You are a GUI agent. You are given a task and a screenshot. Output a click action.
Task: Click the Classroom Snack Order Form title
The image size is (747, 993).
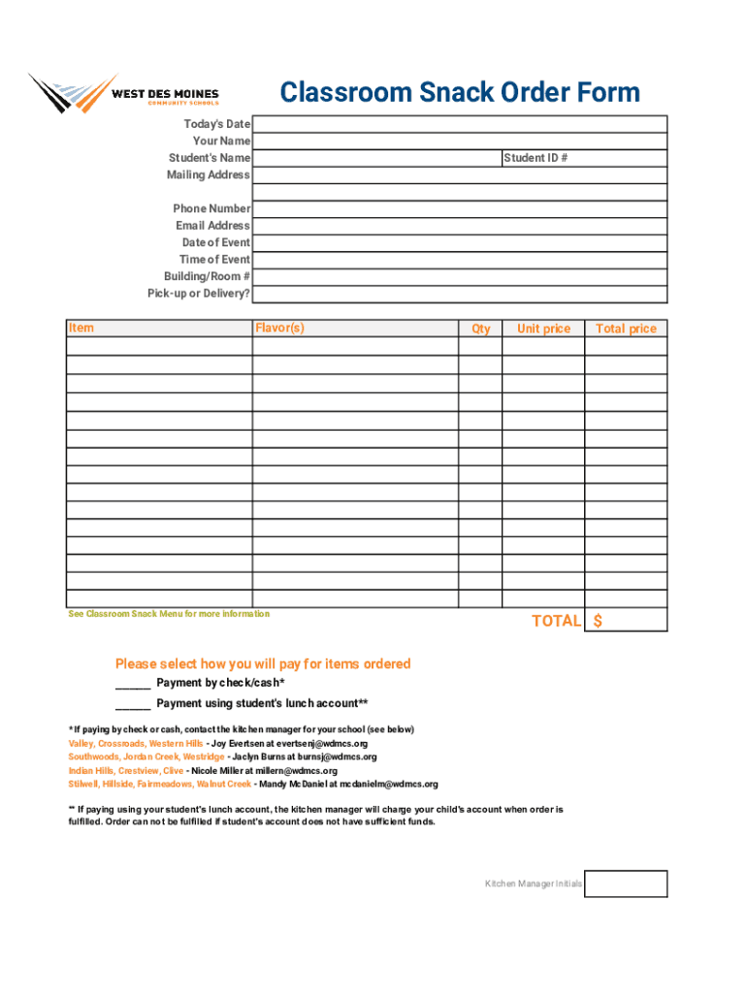(460, 93)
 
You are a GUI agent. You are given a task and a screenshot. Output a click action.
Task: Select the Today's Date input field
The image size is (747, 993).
(460, 124)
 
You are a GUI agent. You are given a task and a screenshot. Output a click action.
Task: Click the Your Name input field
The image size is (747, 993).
(460, 141)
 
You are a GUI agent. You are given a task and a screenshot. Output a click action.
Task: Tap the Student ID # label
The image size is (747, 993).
(535, 158)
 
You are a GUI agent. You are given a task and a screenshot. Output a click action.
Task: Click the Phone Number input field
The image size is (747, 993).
(460, 208)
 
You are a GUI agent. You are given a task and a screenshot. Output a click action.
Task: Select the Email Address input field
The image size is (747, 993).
(460, 226)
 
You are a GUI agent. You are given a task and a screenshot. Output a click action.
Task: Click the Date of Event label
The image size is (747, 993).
(215, 242)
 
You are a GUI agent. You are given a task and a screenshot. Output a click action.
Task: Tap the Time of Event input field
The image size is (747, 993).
(460, 260)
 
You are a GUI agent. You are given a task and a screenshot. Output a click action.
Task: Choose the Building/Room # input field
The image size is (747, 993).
(460, 276)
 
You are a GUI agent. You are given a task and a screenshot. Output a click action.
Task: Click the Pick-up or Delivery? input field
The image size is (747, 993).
(460, 294)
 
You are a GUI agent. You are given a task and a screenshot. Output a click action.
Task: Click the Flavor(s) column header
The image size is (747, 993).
(279, 328)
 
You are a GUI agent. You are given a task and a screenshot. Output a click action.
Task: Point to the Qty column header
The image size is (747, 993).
(481, 329)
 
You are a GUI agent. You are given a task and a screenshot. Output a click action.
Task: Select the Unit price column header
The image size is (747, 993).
(543, 329)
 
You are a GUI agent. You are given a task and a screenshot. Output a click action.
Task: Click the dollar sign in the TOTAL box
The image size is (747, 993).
(598, 621)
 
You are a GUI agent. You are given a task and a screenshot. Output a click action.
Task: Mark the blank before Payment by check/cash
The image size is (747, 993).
(133, 684)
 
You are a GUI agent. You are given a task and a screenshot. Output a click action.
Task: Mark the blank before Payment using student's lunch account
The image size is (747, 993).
(133, 704)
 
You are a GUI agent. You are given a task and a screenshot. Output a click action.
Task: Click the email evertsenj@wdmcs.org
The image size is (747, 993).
(321, 744)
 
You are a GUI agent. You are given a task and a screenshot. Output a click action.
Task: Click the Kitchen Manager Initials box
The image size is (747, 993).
(626, 883)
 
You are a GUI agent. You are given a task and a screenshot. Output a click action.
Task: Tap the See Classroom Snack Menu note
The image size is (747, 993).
(169, 614)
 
